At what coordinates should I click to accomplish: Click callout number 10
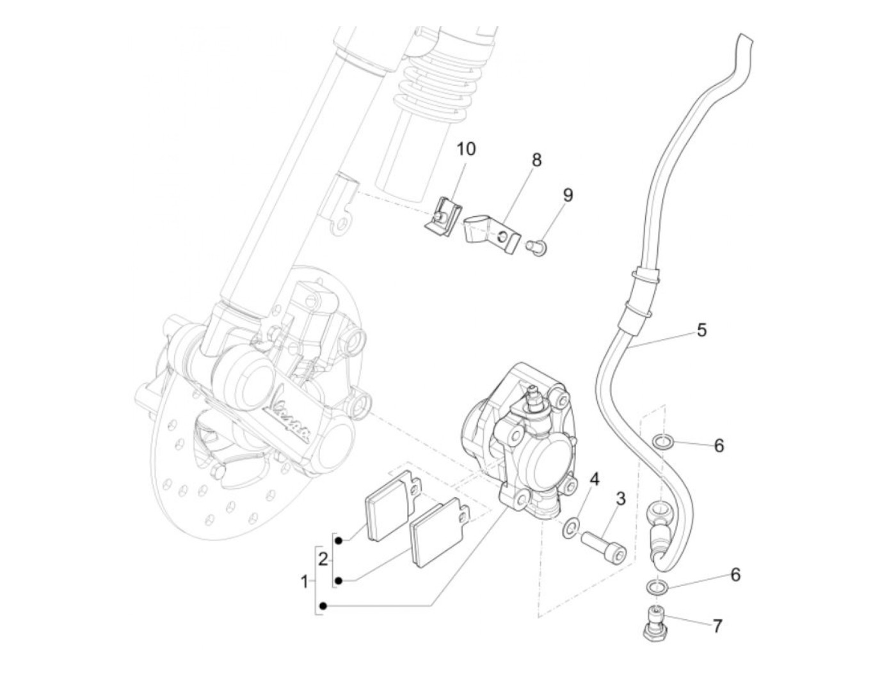coord(466,150)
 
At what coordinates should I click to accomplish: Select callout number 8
coord(536,160)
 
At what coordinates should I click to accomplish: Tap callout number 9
coord(568,195)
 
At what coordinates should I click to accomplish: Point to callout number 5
coord(702,331)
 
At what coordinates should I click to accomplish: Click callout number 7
coord(717,626)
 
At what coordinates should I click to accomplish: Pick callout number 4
coord(595,479)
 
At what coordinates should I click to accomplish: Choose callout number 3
coord(620,499)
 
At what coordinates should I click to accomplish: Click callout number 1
coord(305,582)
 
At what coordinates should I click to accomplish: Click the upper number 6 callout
coord(719,445)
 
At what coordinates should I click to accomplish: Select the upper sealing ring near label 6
coord(662,441)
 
